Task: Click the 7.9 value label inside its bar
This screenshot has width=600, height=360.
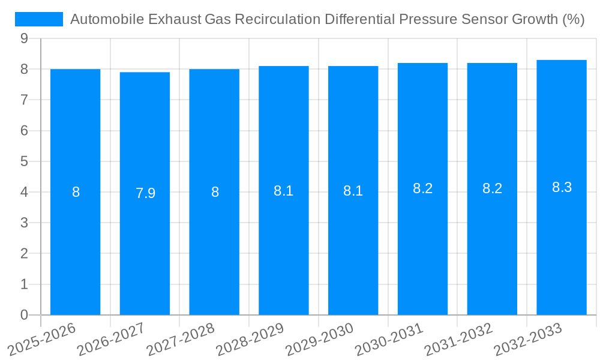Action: pos(145,193)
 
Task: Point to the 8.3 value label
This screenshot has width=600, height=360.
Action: pos(562,187)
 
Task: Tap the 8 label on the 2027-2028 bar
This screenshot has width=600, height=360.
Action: pos(215,192)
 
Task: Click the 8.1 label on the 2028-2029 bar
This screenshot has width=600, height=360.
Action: pos(283,191)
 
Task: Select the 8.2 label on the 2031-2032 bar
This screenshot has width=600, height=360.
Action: pos(492,188)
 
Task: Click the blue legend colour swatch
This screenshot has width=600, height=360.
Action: pos(39,19)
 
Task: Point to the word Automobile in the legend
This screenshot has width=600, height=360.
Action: pos(106,19)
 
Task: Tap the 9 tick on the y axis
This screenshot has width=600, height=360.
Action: pos(24,38)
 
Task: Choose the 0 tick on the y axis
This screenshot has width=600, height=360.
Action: pos(24,315)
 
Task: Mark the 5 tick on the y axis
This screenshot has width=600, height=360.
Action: pos(24,161)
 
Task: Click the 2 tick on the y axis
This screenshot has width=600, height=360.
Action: pos(24,254)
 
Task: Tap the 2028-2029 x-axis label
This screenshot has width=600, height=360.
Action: pos(251,339)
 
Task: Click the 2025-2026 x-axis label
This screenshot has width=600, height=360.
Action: pos(42,339)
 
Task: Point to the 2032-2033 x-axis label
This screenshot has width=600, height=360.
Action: pos(528,339)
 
